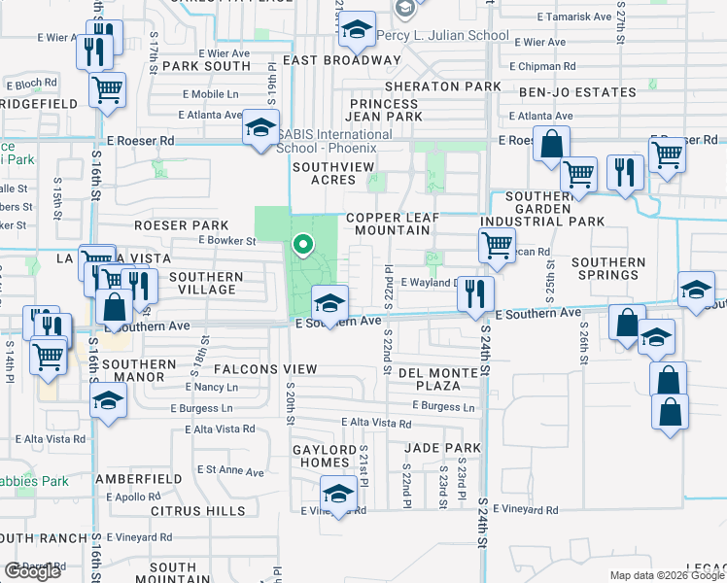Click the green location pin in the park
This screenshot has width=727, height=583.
(303, 245)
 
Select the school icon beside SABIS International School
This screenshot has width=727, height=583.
(260, 129)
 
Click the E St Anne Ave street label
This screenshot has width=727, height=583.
(230, 472)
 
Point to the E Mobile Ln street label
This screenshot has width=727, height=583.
(211, 95)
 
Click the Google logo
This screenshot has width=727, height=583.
(32, 571)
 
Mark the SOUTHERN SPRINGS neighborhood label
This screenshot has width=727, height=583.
(608, 269)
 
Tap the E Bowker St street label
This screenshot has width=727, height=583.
(225, 240)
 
